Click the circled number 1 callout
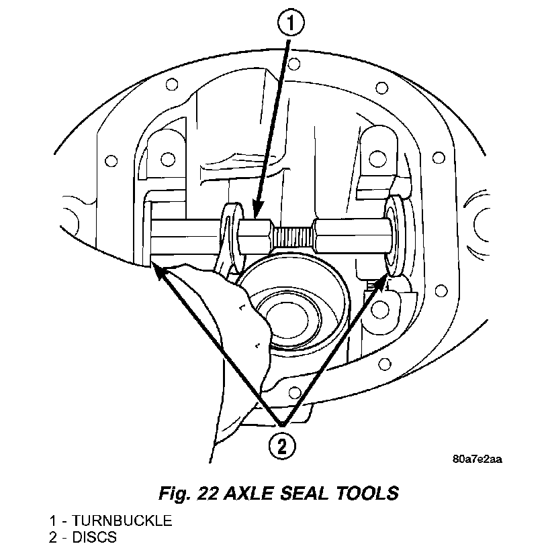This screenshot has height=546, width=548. click(291, 22)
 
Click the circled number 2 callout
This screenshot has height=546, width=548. click(281, 446)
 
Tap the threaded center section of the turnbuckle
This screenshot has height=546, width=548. click(293, 236)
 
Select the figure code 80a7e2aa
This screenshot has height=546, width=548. click(477, 459)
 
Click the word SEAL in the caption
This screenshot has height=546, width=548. click(304, 493)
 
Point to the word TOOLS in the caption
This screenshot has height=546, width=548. click(367, 493)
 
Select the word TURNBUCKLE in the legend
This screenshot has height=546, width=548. click(122, 521)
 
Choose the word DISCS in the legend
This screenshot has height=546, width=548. click(95, 537)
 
